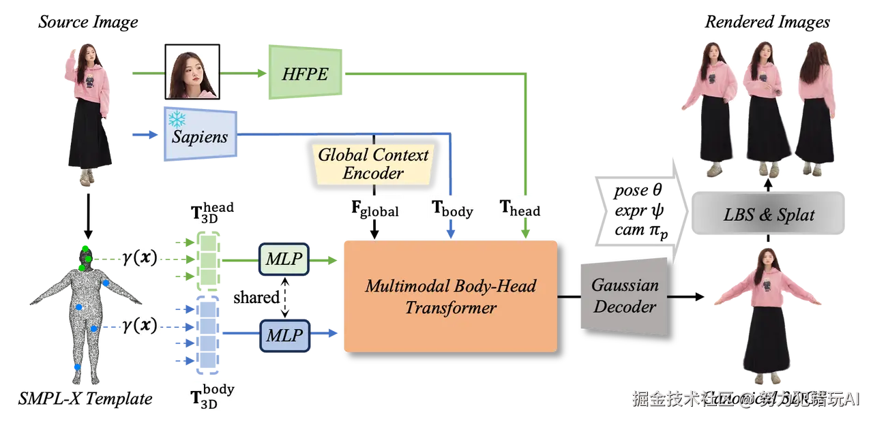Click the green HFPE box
pos(305,74)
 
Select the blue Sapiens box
pos(199,134)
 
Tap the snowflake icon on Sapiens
pos(177,120)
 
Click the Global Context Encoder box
pos(373,163)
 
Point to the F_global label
pos(374,209)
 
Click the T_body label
pos(452,209)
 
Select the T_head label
pos(520,209)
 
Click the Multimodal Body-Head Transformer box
pos(450,296)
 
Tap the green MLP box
pos(284,259)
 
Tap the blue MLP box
pos(284,334)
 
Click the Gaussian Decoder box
pos(624,296)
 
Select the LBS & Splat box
pos(768,215)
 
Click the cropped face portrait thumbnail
pos(192,72)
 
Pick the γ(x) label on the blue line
pos(138,327)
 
